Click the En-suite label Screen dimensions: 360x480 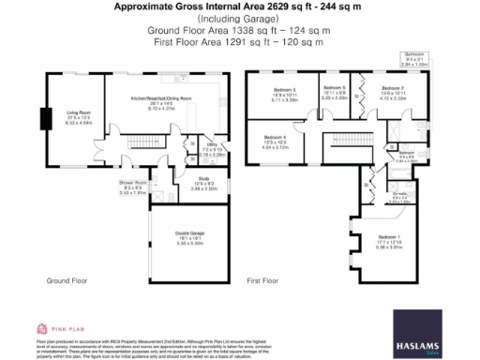pos(399,197)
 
